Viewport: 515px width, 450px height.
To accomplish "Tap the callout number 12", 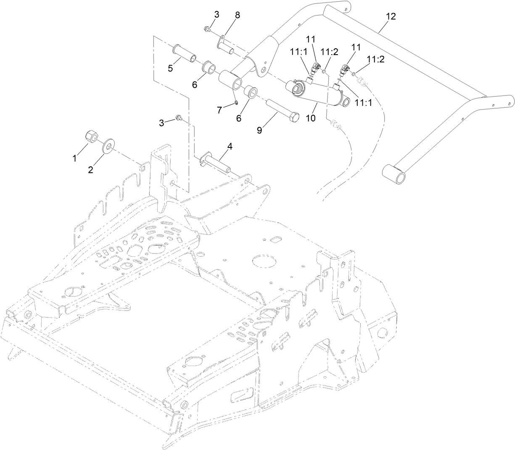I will tap(391, 16).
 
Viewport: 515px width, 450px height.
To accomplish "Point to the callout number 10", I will tap(310, 119).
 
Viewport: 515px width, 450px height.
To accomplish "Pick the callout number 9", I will tap(259, 130).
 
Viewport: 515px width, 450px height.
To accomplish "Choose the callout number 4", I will tap(230, 146).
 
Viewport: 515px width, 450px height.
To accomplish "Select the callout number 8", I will tap(238, 16).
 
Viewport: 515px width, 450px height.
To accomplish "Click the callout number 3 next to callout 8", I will tap(217, 14).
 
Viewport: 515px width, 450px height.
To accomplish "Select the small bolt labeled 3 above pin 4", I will tap(179, 118).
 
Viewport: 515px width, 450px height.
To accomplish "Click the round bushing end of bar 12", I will tap(394, 172).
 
